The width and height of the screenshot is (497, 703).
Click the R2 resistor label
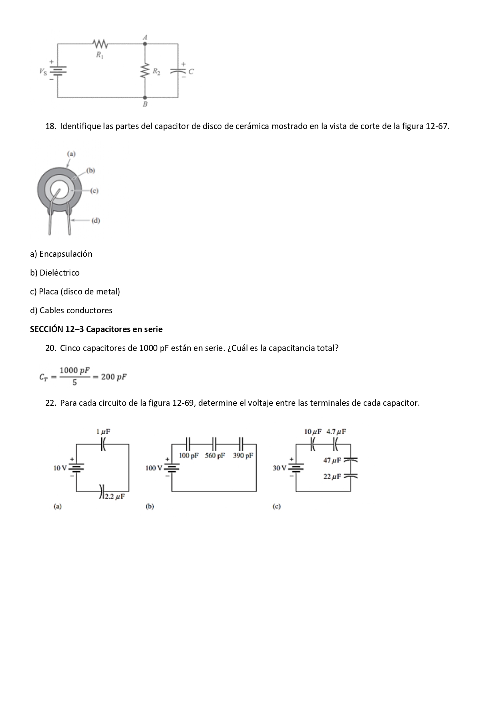156,72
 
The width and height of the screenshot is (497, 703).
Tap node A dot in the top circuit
145,44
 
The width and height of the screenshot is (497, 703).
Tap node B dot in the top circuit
145,97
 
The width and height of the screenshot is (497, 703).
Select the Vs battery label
43,72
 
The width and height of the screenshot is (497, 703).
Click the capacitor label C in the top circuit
191,72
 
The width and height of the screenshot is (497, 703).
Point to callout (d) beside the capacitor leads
95,220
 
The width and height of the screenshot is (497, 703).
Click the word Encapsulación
66,254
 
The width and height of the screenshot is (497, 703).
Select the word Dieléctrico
59,273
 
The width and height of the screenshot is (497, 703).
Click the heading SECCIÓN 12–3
56,329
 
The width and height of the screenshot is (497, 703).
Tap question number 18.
50,126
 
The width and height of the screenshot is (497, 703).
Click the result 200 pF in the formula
114,377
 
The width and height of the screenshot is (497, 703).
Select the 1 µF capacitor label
103,432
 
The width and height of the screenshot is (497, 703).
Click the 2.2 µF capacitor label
115,496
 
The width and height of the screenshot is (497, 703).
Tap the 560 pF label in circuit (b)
215,455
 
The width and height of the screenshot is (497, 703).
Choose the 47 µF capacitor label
332,460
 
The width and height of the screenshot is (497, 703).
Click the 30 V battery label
280,468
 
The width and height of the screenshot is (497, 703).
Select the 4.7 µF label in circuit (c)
336,432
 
